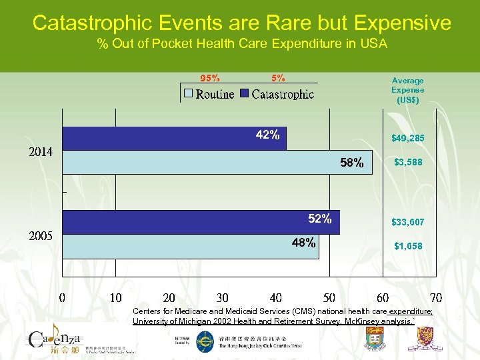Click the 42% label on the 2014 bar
267,135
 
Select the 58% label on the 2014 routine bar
352,163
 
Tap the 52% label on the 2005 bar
320,219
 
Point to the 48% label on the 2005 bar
304,243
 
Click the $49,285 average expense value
407,139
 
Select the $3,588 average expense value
407,162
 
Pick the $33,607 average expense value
407,222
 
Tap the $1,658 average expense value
407,246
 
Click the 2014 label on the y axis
40,152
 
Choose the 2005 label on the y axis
40,236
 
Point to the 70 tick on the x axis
436,297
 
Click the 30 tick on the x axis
222,297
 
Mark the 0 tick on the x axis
62,297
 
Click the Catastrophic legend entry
277,94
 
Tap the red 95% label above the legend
211,77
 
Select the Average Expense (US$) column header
407,89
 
